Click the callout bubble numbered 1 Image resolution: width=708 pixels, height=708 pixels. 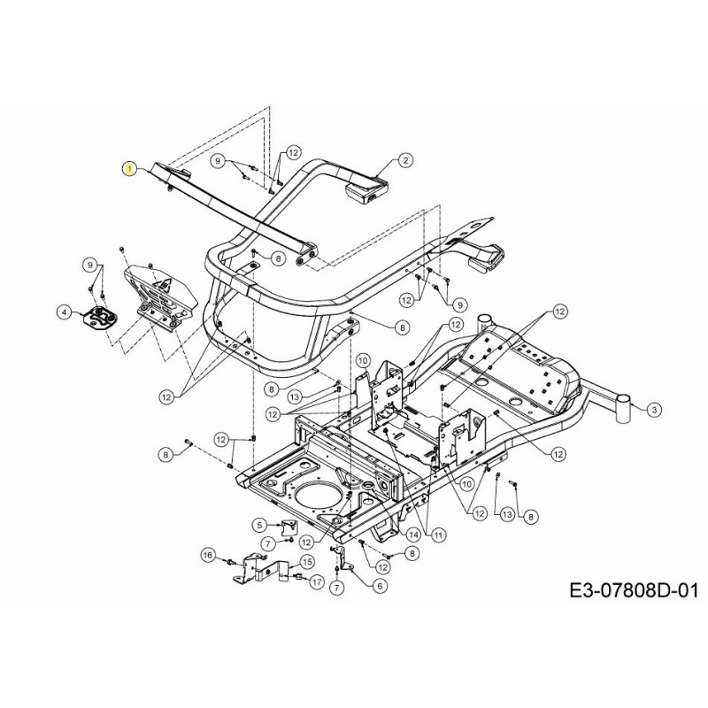[130, 169]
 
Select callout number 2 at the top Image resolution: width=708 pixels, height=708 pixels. [405, 160]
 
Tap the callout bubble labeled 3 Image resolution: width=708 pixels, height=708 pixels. [653, 409]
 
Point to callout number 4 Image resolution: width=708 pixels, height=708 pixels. [64, 311]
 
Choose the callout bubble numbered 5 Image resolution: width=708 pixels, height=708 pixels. [259, 525]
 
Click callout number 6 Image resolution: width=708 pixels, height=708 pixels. [379, 585]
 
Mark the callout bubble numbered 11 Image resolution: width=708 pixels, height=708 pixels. [439, 534]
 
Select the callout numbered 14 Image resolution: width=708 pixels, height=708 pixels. [412, 534]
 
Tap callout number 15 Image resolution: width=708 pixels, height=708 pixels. [307, 561]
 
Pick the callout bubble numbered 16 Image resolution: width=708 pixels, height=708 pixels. [208, 555]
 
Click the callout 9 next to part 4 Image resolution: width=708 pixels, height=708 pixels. [88, 265]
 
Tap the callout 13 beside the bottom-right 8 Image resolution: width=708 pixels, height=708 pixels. [506, 514]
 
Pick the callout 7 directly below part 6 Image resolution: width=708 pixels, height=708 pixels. [336, 588]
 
